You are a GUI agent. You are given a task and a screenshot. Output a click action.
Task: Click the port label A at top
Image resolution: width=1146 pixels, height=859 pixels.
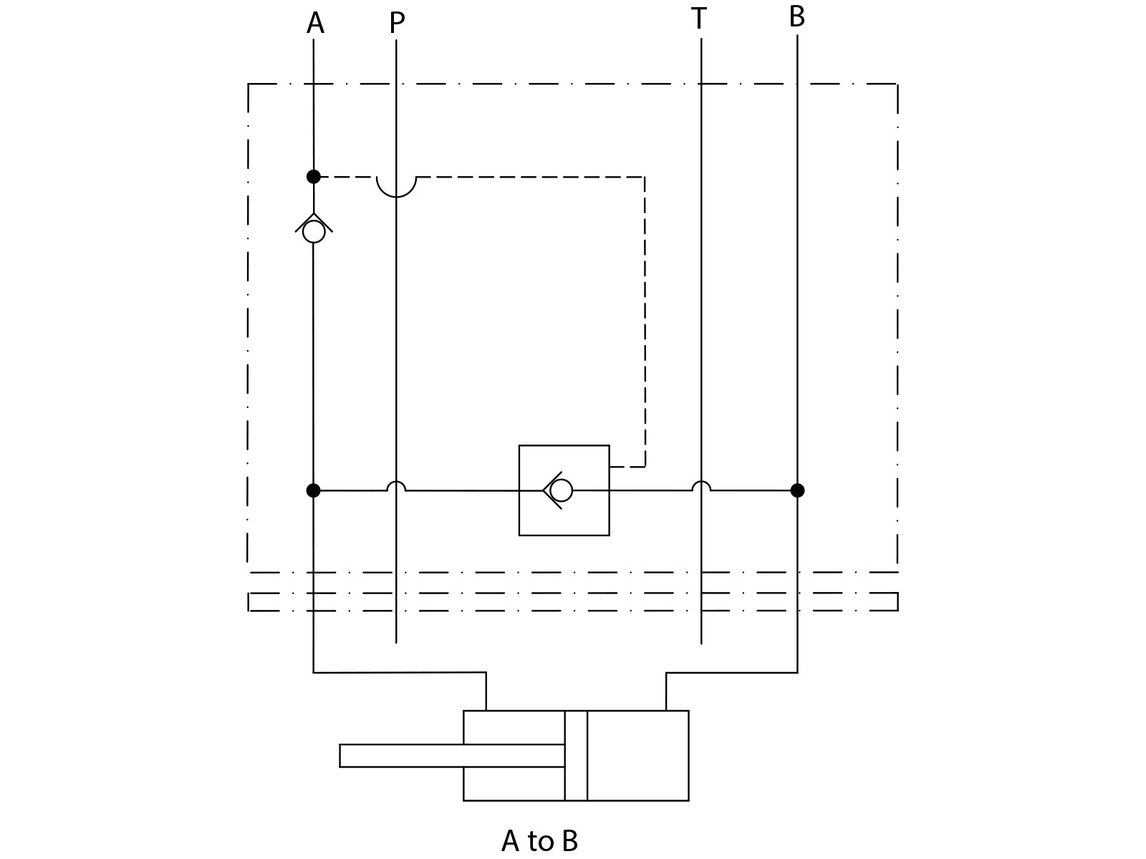tap(315, 24)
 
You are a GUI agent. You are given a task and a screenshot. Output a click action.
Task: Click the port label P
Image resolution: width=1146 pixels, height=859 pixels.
tap(397, 24)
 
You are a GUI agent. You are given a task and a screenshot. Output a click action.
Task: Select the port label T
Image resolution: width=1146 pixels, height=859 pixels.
tap(699, 19)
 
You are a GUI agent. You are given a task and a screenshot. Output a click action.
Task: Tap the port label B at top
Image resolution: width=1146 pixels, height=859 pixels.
tap(796, 17)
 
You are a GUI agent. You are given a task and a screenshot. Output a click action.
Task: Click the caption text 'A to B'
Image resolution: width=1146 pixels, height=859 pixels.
tap(539, 840)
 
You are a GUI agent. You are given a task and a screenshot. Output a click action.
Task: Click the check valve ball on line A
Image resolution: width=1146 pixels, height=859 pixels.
tap(314, 232)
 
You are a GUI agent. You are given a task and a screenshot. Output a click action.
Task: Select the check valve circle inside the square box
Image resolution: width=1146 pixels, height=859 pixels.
tap(562, 490)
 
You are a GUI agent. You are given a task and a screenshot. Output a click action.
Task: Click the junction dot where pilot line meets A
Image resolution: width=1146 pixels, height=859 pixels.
tap(313, 176)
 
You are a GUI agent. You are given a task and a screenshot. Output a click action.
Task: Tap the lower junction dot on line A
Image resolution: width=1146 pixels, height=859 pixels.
tap(313, 490)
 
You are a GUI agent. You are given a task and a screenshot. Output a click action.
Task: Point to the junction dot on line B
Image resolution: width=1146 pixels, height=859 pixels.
tap(797, 490)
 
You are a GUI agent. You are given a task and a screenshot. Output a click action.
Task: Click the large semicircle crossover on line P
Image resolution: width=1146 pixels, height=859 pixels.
tap(396, 188)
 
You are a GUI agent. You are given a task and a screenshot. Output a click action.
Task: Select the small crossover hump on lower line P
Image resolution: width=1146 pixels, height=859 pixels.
tap(396, 486)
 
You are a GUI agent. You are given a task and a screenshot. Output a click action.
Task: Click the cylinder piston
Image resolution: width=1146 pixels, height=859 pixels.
tap(576, 755)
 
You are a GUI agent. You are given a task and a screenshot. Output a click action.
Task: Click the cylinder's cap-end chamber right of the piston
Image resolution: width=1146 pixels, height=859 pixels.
tap(637, 755)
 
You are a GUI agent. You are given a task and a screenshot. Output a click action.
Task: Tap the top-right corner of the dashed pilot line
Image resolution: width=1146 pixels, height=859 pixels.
tap(645, 177)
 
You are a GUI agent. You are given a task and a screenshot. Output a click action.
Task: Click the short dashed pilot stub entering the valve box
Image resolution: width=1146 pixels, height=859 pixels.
tap(627, 467)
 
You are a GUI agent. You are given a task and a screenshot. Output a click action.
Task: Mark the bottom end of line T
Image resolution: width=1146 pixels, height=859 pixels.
tap(700, 642)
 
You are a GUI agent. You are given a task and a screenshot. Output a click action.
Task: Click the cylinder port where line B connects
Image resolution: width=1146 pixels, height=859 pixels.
tap(666, 709)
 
